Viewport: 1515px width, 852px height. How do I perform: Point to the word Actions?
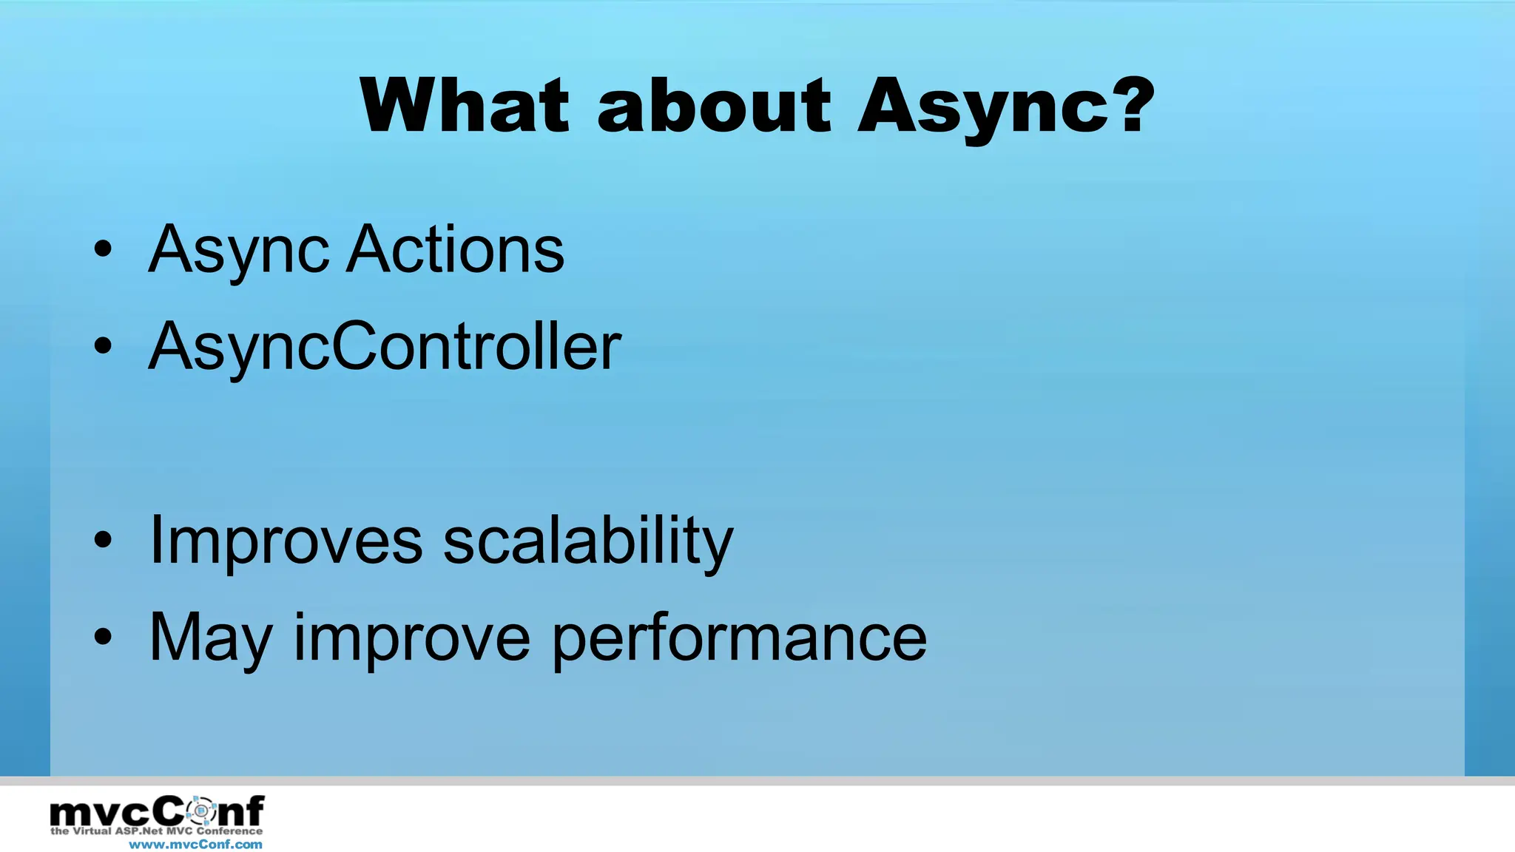click(456, 250)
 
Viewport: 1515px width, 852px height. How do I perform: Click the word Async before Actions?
click(238, 251)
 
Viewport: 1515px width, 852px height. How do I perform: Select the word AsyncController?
click(385, 348)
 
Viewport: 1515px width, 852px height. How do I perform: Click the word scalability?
click(588, 542)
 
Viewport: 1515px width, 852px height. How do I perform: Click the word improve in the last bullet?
click(412, 640)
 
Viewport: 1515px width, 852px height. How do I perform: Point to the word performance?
click(739, 640)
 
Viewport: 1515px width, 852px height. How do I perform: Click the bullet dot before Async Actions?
click(103, 249)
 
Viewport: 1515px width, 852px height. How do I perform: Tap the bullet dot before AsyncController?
click(103, 345)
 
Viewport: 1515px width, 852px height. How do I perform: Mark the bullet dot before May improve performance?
click(103, 637)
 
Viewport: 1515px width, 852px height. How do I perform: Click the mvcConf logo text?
click(156, 812)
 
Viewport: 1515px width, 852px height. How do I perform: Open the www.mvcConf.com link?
click(195, 845)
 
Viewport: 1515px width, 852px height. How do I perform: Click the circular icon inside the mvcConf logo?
click(200, 811)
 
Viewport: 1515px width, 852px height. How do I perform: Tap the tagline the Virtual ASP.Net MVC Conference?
click(156, 831)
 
